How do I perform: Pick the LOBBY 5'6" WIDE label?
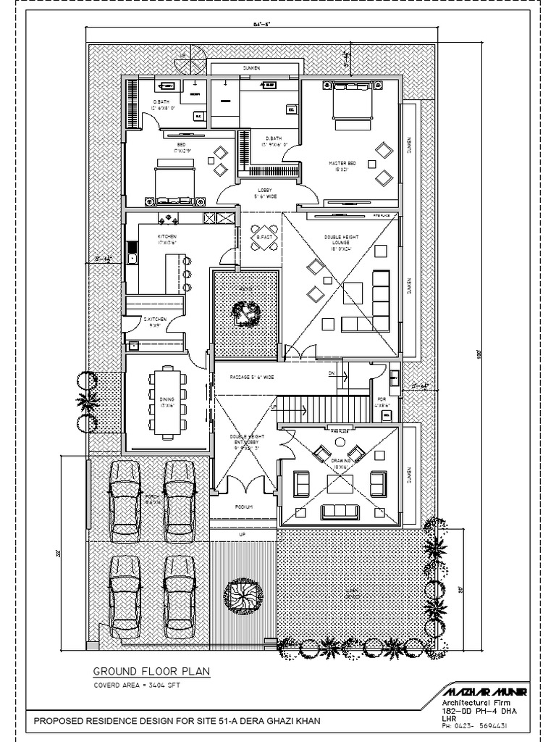click(x=264, y=193)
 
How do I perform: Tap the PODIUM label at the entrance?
click(x=244, y=507)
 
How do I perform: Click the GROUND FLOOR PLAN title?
click(x=151, y=672)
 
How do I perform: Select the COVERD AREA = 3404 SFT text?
click(x=136, y=685)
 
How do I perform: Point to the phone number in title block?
click(x=478, y=726)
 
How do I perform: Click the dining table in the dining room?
click(x=167, y=402)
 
